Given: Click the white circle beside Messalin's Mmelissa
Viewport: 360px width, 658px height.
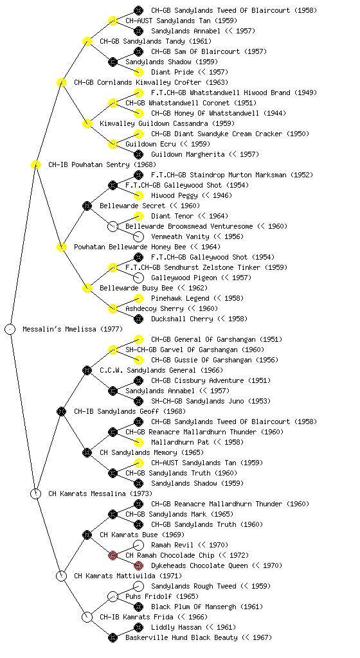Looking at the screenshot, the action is point(10,330).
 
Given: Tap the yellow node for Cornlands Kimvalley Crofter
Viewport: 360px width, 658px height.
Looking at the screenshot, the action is point(61,83).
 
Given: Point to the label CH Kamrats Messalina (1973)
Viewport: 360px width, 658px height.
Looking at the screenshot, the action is point(100,494).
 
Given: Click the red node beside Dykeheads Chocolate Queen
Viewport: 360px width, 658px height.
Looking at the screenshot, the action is point(138,565).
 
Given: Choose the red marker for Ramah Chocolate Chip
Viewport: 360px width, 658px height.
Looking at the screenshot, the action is point(113,556).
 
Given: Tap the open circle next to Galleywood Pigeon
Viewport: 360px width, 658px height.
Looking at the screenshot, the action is point(138,278).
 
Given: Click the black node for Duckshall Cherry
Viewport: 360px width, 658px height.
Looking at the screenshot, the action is point(138,319).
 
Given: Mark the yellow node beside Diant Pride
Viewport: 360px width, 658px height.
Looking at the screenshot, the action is point(138,72).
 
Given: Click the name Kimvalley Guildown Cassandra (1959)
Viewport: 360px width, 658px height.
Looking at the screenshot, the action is point(167,124).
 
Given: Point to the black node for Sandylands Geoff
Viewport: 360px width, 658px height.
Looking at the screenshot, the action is point(61,412).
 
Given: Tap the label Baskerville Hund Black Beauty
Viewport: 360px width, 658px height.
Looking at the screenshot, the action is point(199,638).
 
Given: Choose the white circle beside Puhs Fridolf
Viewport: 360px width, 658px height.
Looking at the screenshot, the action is point(113,597).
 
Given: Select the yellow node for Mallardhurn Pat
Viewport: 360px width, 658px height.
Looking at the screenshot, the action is point(138,442).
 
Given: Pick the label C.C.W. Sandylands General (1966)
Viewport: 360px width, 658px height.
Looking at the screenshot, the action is point(161,371).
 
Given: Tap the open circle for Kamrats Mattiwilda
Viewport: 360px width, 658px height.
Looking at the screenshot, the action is point(61,576).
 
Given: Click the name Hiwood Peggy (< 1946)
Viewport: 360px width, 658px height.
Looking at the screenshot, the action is point(192,195).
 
